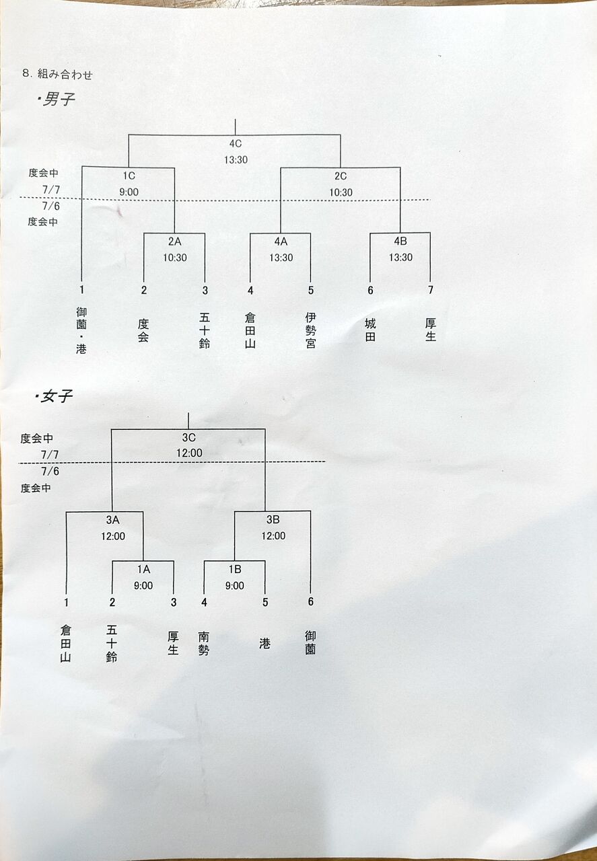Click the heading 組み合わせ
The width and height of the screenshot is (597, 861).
tap(65, 74)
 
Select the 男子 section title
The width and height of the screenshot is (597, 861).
tap(58, 100)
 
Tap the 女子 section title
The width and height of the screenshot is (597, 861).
tap(56, 397)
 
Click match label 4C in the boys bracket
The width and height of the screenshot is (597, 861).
tap(236, 144)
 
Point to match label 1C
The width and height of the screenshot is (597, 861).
tap(129, 176)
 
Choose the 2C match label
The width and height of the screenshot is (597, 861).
tap(341, 176)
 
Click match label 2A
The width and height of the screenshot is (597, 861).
tap(174, 241)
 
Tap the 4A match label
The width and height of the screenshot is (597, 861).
tap(281, 241)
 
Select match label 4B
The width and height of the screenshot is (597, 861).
tap(400, 241)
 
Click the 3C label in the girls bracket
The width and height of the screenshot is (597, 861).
tap(189, 437)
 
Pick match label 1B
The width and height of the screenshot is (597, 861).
tap(235, 569)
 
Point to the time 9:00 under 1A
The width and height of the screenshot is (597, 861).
tap(143, 586)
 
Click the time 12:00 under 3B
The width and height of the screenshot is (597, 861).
tap(273, 536)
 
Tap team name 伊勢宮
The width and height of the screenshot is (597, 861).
tap(310, 330)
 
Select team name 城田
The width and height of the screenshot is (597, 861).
tap(370, 330)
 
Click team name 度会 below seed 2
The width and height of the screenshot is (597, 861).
tap(143, 330)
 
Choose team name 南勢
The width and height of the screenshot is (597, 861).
tap(204, 644)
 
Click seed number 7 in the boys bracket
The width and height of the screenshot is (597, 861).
tap(431, 290)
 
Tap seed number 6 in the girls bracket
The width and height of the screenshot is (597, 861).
tap(311, 601)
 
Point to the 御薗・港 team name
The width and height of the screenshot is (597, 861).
tap(81, 330)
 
